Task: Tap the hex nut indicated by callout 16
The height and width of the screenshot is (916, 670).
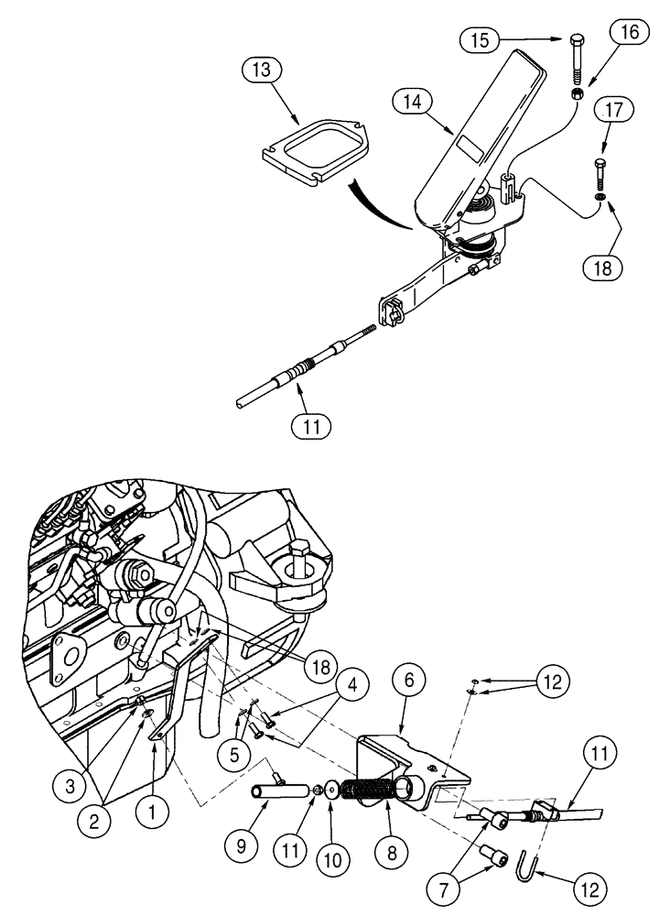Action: (578, 94)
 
